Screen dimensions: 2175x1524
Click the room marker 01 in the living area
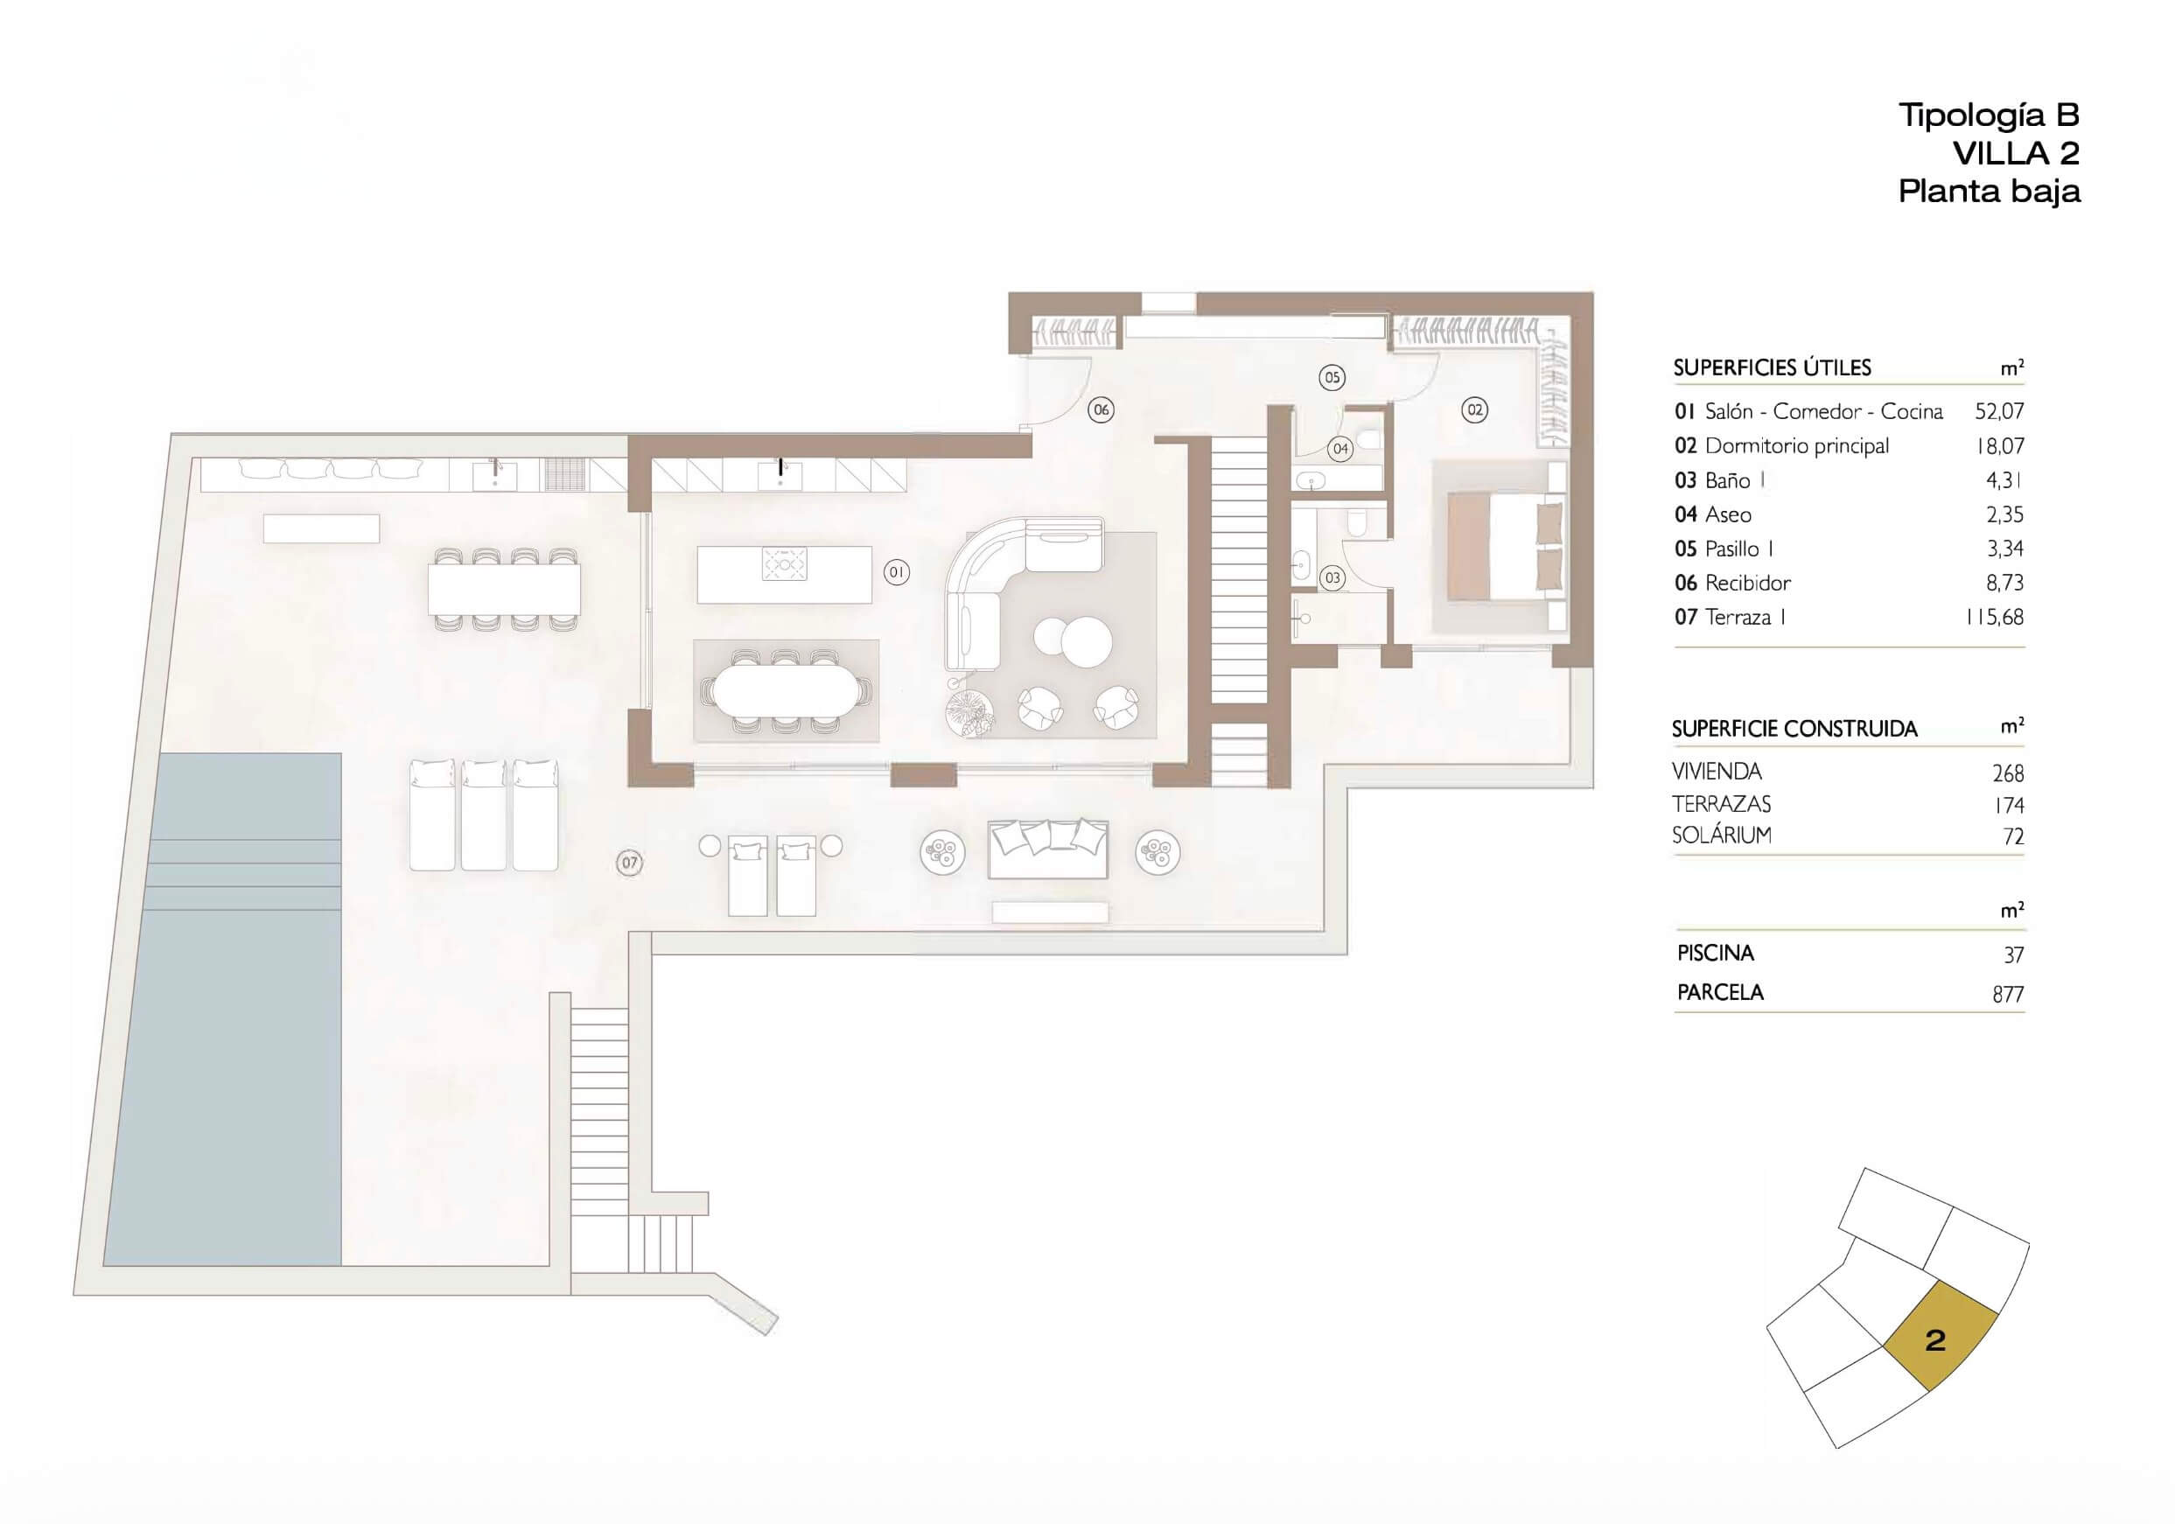coord(896,572)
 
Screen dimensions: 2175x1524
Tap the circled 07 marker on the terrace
coord(629,863)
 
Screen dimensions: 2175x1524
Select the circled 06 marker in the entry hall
coord(1101,410)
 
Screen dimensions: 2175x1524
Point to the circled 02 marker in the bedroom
coord(1474,410)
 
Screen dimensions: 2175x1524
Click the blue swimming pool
coord(221,1009)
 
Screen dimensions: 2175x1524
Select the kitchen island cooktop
coord(785,565)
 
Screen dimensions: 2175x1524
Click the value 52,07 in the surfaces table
coord(1999,411)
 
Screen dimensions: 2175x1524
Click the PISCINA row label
coord(1716,953)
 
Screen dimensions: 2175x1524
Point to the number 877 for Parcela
coord(2007,994)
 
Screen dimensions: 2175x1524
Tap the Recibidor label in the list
coord(1748,583)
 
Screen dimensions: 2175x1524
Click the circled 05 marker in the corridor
coord(1332,378)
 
